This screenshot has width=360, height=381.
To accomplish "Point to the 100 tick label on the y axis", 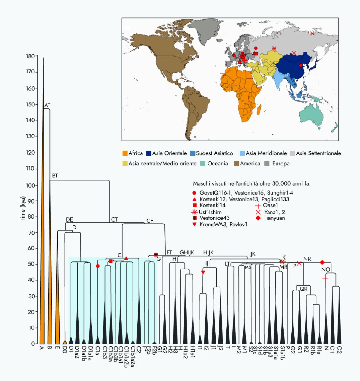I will [x=30, y=185].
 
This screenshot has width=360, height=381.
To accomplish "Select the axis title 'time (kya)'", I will [x=23, y=208].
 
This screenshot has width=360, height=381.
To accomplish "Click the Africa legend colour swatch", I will [x=125, y=153].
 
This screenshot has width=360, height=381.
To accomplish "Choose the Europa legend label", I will [x=281, y=164].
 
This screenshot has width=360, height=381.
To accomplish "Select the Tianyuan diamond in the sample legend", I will [x=258, y=218].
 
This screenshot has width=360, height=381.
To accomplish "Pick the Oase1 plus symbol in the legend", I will [x=258, y=206].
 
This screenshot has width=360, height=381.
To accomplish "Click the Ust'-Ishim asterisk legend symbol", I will [x=194, y=212].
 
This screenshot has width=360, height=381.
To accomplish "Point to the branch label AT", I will [x=47, y=106].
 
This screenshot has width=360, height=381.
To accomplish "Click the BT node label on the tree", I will [x=55, y=176].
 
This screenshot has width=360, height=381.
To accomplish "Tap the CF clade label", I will [x=150, y=221].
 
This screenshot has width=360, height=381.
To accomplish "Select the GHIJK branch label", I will [x=187, y=253].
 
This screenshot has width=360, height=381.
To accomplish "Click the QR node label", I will [x=304, y=289].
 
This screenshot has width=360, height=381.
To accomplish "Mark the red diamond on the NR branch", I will [x=322, y=263].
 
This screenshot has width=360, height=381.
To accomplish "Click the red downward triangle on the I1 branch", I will [x=203, y=272].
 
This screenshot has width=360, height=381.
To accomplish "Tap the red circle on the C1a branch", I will [x=98, y=266].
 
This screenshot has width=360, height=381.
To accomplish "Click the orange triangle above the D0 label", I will [x=64, y=342].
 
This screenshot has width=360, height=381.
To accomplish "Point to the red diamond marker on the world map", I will [x=301, y=65].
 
